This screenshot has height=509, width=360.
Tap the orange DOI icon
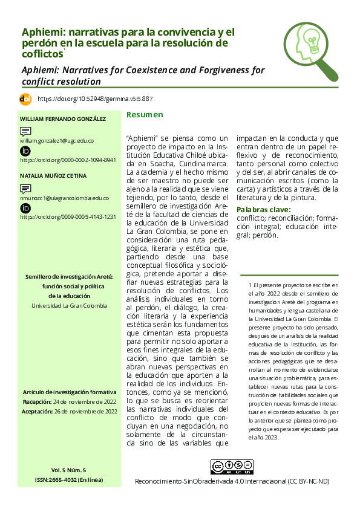(x=25, y=99)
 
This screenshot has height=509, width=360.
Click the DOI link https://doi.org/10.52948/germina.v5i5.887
(x=95, y=99)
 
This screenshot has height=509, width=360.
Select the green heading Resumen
(x=144, y=115)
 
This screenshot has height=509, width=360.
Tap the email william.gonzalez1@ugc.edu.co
(x=57, y=140)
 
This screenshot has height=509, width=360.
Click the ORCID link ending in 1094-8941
(x=68, y=160)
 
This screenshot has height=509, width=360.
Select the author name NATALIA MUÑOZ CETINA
(x=53, y=176)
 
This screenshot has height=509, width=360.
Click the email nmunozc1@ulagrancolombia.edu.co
(x=64, y=198)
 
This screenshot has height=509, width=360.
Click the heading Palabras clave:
(x=263, y=210)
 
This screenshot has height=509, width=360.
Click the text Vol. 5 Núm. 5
(x=68, y=470)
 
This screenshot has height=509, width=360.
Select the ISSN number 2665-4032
(x=68, y=479)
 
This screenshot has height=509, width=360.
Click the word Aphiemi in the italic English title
(x=42, y=70)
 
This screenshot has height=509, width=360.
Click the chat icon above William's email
(x=25, y=131)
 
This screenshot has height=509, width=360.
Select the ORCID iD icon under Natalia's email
(x=25, y=208)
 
